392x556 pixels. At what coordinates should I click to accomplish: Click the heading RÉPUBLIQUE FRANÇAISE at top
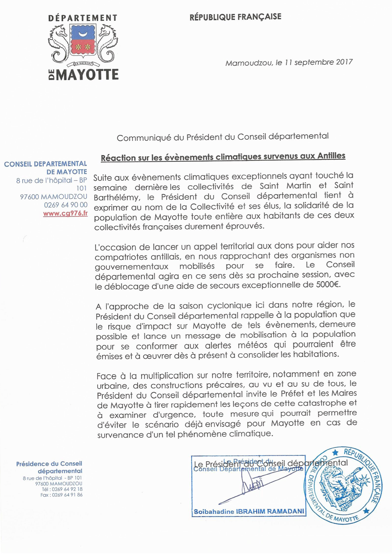pyautogui.click(x=235, y=17)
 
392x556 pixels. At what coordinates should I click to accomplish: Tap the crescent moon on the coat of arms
pyautogui.click(x=83, y=34)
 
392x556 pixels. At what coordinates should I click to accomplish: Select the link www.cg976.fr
pyautogui.click(x=65, y=213)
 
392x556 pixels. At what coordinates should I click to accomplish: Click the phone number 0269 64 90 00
pyautogui.click(x=66, y=205)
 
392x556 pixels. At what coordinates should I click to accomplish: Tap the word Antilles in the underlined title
pyautogui.click(x=331, y=156)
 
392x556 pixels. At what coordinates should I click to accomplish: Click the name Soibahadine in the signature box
pyautogui.click(x=214, y=511)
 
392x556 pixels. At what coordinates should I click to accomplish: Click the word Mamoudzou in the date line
pyautogui.click(x=249, y=63)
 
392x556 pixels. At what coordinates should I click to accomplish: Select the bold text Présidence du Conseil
pyautogui.click(x=49, y=464)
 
